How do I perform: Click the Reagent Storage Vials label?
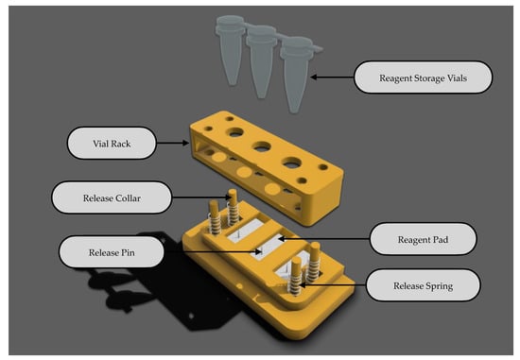point(424,77)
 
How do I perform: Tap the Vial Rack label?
point(112,144)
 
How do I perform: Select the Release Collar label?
point(112,197)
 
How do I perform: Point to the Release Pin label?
point(112,252)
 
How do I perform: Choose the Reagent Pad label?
point(423,239)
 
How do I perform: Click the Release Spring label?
point(423,285)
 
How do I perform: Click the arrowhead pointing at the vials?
point(313,77)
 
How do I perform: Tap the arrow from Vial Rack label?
point(172,144)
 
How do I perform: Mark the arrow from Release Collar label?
point(201,197)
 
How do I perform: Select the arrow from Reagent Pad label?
point(323,238)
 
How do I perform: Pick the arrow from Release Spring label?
point(333,284)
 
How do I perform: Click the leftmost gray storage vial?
point(230,50)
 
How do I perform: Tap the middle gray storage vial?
point(262,61)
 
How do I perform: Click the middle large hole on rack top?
point(262,146)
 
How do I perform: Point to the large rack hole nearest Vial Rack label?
point(235,132)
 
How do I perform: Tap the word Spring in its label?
point(438,286)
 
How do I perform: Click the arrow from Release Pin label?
point(213,252)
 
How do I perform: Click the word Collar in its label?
point(127,197)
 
